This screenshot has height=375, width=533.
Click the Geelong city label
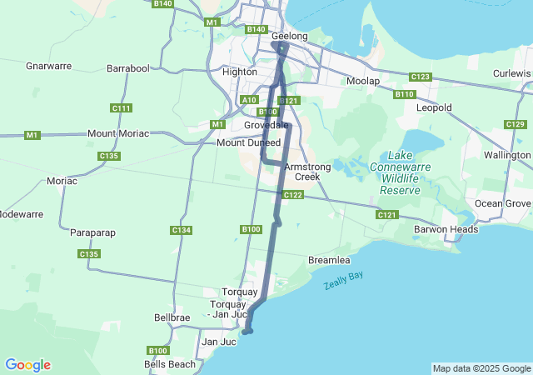click(x=290, y=36)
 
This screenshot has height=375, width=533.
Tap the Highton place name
click(x=240, y=72)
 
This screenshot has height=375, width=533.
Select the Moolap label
click(x=362, y=81)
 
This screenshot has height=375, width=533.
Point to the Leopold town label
click(x=434, y=108)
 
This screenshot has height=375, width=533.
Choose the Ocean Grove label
click(x=502, y=203)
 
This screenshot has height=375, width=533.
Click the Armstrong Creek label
click(x=307, y=172)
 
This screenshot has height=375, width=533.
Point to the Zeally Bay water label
click(x=344, y=281)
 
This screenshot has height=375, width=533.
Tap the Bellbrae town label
click(x=172, y=317)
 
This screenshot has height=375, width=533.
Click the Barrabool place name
click(x=128, y=67)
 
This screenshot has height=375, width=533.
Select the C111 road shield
click(x=122, y=107)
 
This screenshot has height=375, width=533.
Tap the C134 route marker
click(x=182, y=230)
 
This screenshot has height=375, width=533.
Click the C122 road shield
click(x=292, y=195)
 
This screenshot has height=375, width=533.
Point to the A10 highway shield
click(x=248, y=99)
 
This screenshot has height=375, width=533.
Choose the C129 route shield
click(x=515, y=124)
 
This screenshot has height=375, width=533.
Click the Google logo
click(x=27, y=365)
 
